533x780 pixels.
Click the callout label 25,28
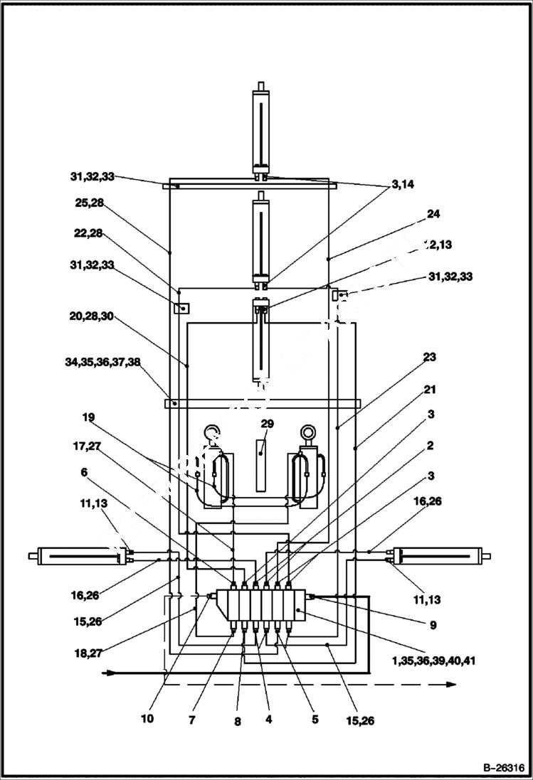tap(89, 203)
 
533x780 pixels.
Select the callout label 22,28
tap(89, 233)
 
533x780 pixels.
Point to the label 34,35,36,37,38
tap(102, 362)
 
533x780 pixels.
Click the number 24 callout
tap(433, 213)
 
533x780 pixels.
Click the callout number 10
tap(147, 719)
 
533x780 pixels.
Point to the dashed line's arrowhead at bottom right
tap(452, 684)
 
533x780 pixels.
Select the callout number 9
tap(433, 626)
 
